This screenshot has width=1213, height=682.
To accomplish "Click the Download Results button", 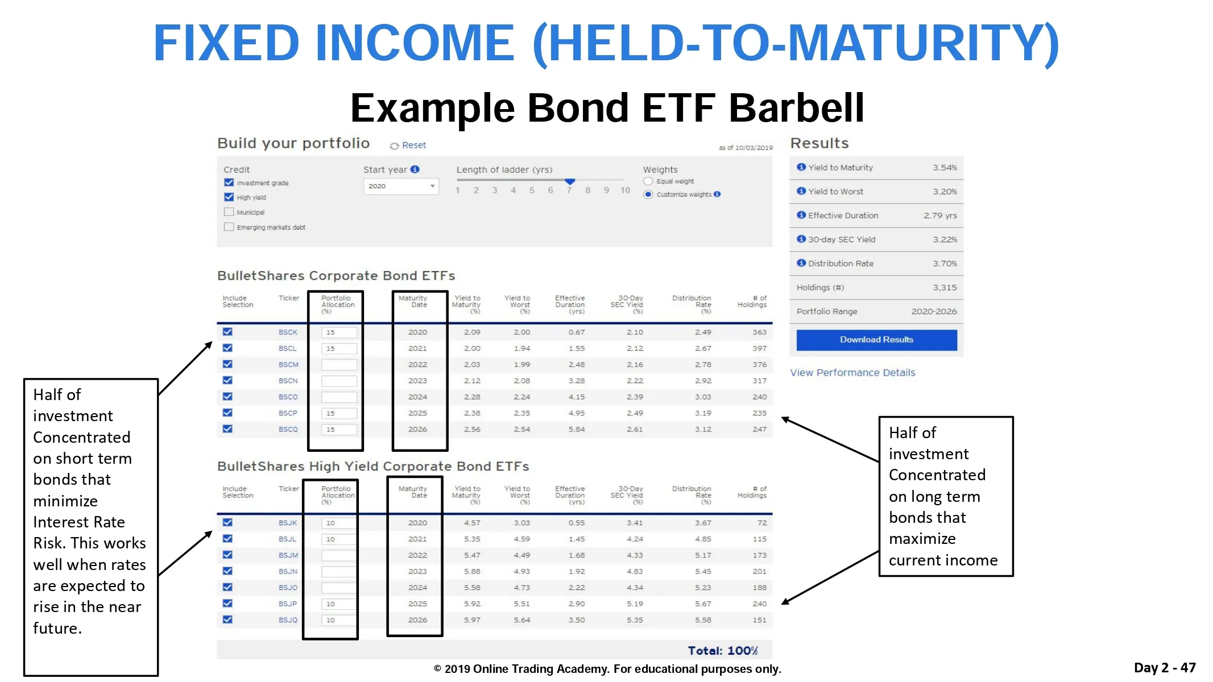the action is point(876,340).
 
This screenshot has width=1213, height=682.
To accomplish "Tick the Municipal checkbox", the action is point(229,212).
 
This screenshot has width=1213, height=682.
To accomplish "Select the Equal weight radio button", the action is point(648,181).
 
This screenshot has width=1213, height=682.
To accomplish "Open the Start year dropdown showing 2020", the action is point(401,186).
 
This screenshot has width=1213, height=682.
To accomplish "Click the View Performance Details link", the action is point(852,373).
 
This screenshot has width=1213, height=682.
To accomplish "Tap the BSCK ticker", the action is point(288,332).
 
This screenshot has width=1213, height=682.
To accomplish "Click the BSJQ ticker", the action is point(288,620).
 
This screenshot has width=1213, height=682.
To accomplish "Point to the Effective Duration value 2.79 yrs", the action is point(940,215).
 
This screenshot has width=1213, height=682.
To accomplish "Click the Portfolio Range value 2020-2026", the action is point(934,311).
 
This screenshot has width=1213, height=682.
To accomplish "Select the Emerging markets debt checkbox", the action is point(229,227).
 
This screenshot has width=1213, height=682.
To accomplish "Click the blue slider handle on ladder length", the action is point(570,181).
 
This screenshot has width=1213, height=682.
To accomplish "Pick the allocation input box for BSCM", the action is point(340,365).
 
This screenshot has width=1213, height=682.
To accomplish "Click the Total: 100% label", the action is point(722,651).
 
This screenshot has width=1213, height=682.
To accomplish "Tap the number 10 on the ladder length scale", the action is point(625,190).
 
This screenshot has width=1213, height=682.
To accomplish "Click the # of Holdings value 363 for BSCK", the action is point(759,332).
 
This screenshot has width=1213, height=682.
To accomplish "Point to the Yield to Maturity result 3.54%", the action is point(945,168).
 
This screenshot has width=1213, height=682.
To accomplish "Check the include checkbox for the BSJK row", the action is point(227,522).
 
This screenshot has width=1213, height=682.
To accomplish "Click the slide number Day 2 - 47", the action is point(1165,668).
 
